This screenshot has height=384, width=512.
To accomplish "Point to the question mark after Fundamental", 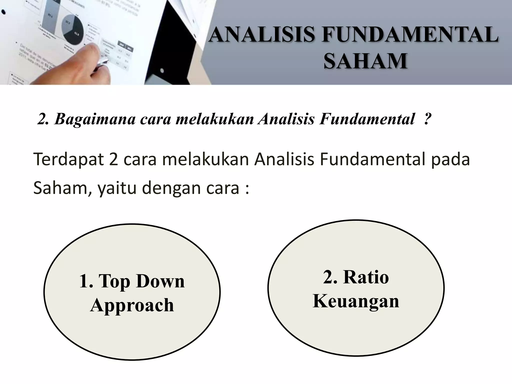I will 427,119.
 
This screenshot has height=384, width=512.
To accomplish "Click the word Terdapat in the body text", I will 68,159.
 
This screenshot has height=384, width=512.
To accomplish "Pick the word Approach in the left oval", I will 132,305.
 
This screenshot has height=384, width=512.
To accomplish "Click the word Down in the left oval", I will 160,281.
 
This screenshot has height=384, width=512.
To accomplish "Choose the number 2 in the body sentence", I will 113,159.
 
